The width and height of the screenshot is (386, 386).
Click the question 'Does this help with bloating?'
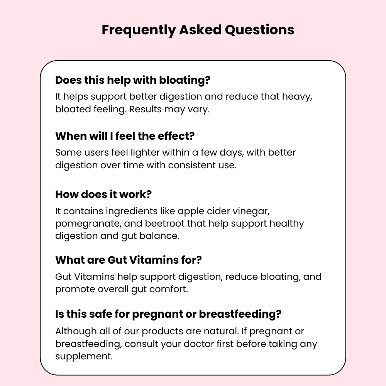133,80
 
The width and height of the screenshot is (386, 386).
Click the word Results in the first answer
146,109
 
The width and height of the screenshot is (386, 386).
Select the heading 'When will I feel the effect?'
125,136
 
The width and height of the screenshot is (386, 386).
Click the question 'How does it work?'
103,194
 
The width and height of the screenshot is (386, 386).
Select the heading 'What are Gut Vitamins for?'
129,260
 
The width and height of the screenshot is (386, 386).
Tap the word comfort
169,289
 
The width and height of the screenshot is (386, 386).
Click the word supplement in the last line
84,356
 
